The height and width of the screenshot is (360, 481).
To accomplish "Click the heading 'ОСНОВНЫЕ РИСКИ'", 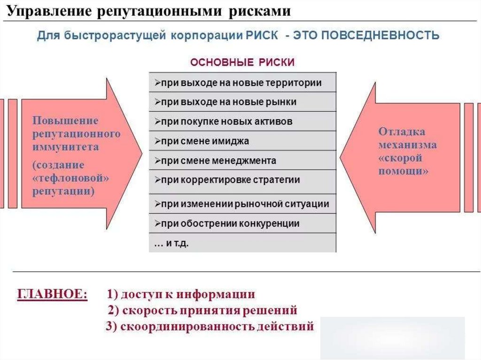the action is click(x=242, y=62).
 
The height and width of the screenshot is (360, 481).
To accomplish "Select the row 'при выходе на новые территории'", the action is click(x=242, y=83).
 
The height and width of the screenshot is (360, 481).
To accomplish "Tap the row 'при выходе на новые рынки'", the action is click(x=242, y=102).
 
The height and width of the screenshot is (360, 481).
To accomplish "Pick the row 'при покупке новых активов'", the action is click(x=242, y=122).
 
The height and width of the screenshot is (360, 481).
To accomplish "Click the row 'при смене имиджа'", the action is click(x=242, y=141).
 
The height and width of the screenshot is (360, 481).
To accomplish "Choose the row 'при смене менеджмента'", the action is click(x=242, y=161).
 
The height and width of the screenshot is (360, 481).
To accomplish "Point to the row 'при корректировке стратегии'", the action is click(x=242, y=180).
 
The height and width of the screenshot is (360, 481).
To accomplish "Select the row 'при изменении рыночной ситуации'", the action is click(x=242, y=204).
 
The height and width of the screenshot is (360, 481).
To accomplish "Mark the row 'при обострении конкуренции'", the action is click(x=242, y=223).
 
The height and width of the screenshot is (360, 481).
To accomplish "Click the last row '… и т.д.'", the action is click(x=242, y=244).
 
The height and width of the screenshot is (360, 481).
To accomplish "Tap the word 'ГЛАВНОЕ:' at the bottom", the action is click(x=52, y=294).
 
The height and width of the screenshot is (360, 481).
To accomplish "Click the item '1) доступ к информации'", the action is click(x=180, y=294).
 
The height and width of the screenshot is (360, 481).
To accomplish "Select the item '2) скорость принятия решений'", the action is click(x=202, y=310).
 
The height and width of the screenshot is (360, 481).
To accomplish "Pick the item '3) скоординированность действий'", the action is click(x=209, y=326).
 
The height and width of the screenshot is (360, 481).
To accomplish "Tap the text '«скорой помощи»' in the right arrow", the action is click(x=403, y=165).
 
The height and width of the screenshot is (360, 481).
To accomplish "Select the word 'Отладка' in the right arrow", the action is click(x=402, y=131).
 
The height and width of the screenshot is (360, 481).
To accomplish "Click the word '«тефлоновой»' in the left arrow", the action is click(x=70, y=178).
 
